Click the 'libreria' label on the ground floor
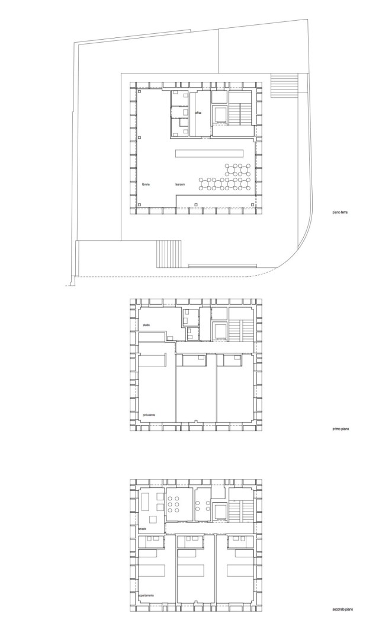[x=146, y=185]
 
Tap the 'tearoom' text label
[x=181, y=185]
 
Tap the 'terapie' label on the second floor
[x=143, y=528]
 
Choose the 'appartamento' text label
[x=148, y=595]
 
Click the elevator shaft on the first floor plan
[x=220, y=330]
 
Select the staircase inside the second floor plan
[x=242, y=509]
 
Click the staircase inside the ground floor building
[x=242, y=111]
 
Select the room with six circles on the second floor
[x=176, y=504]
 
